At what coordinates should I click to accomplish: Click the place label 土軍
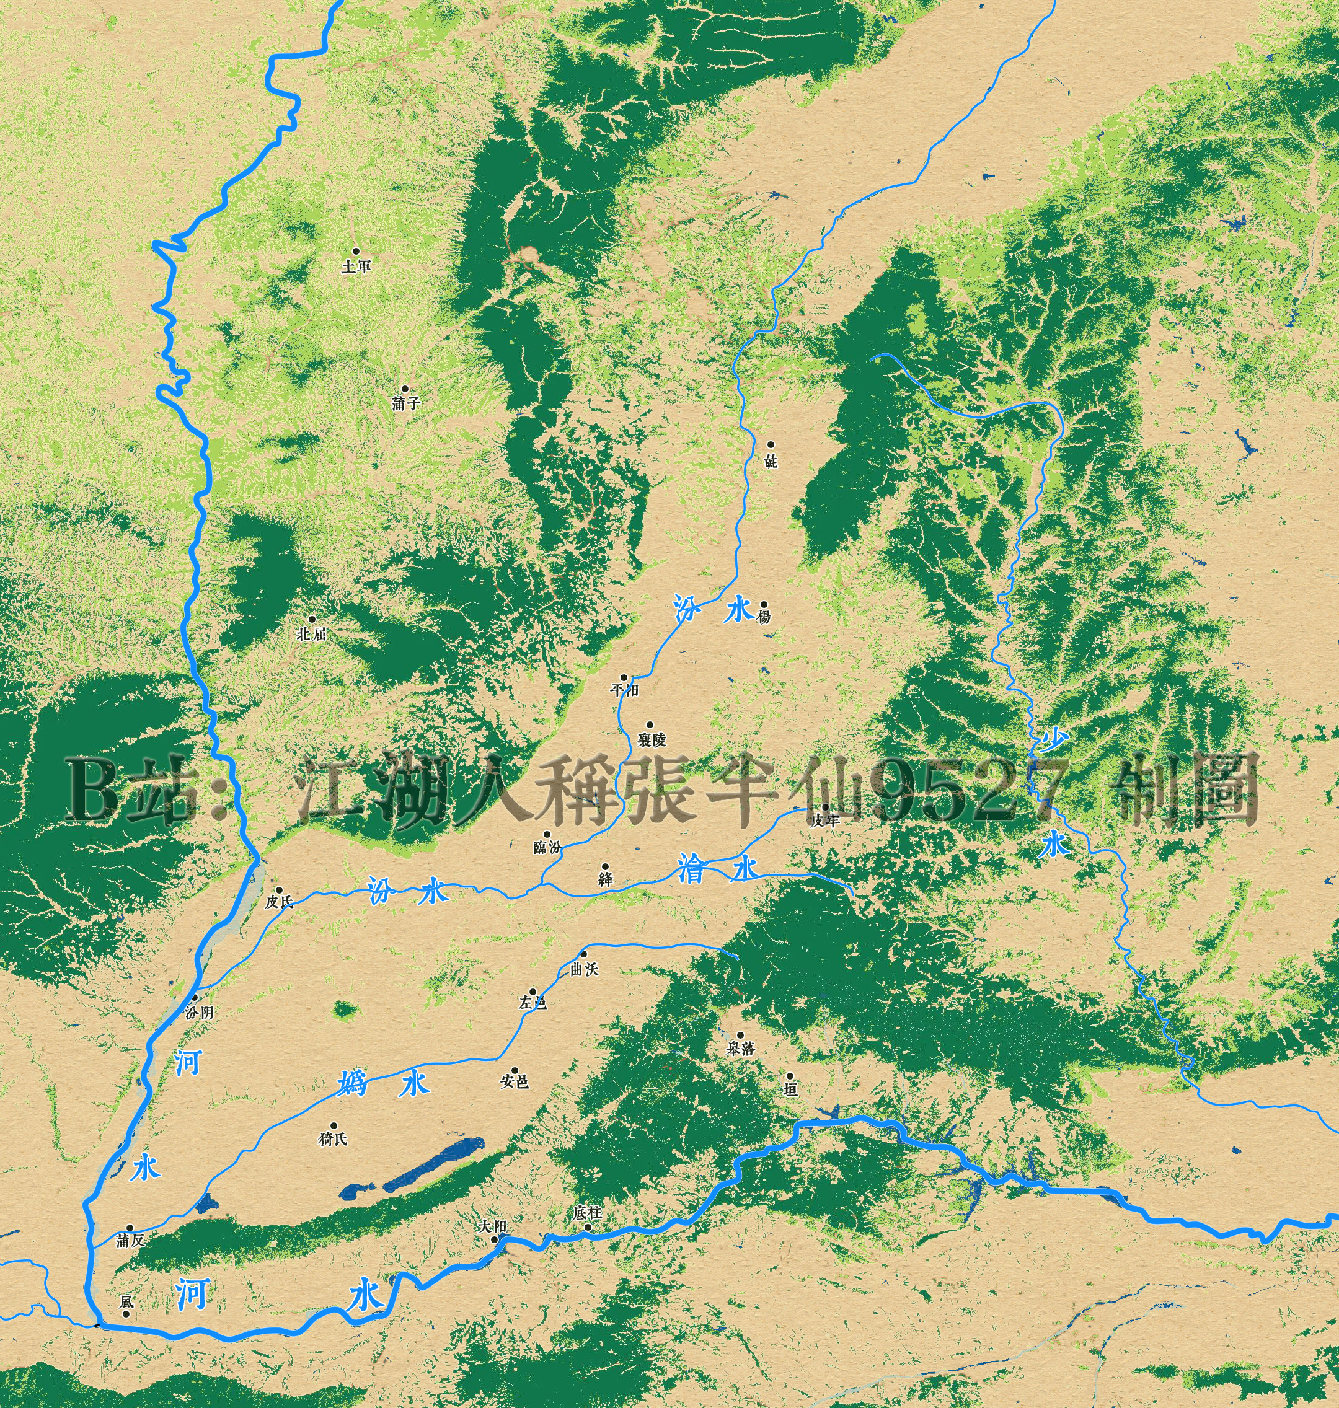pos(356,267)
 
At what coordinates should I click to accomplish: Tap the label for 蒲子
pos(406,403)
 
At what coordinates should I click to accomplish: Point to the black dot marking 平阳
pos(624,677)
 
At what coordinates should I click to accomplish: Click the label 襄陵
pos(652,739)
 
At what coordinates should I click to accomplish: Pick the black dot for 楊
pos(763,604)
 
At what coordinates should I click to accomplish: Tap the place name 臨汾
pos(547,847)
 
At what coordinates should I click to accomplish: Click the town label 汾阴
pos(199,1012)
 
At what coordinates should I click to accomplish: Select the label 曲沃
pos(585,969)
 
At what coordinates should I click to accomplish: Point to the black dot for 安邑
pos(513,1070)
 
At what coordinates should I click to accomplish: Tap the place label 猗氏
pos(333,1139)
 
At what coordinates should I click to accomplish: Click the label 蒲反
pos(131,1240)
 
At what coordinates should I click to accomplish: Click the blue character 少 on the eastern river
pos(1053,740)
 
